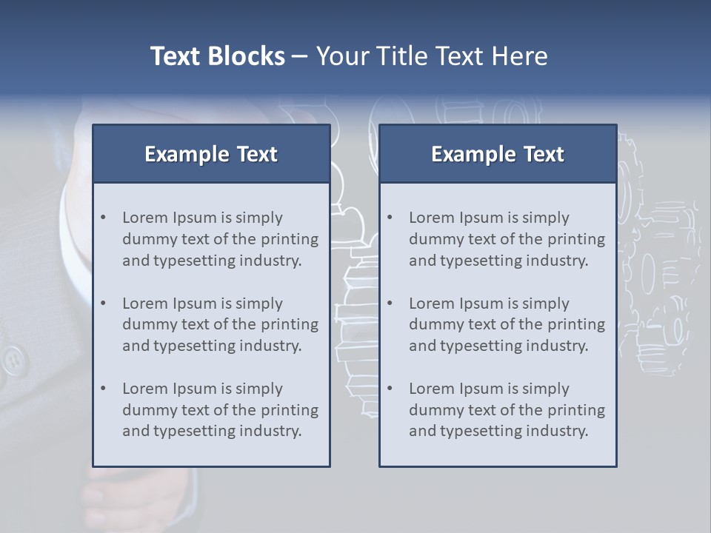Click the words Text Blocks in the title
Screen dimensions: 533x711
(x=217, y=56)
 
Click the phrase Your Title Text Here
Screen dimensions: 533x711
(x=432, y=56)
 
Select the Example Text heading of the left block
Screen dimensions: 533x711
(x=211, y=154)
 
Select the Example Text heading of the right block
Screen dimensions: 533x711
(x=498, y=154)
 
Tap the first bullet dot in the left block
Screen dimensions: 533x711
(x=103, y=218)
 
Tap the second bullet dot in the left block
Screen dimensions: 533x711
(x=103, y=304)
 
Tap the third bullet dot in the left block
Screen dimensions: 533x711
(x=103, y=389)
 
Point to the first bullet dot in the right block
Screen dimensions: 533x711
(x=390, y=218)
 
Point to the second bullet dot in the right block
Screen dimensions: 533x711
(x=390, y=304)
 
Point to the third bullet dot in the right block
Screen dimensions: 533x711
(x=390, y=389)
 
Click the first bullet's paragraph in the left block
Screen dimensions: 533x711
(x=220, y=239)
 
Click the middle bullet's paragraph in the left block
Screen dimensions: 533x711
(x=220, y=324)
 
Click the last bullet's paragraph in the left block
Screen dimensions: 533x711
(x=220, y=410)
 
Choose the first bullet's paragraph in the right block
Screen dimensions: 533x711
(x=507, y=239)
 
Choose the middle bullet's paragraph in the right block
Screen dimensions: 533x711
(x=507, y=324)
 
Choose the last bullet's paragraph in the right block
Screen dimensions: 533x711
(x=507, y=410)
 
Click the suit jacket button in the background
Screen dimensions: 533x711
(x=12, y=361)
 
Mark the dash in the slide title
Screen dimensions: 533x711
(x=300, y=57)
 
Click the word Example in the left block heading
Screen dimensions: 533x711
(x=187, y=154)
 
